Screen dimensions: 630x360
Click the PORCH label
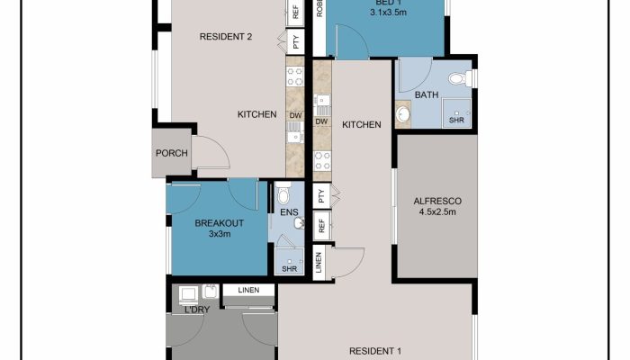172,153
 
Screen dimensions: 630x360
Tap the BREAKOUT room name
220,223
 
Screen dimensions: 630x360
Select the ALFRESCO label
437,201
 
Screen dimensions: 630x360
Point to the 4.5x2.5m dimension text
437,212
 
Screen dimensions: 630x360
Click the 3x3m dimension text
220,234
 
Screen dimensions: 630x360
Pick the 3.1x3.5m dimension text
388,13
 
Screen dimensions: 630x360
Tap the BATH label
427,95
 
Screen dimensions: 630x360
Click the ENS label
289,212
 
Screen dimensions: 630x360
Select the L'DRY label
197,310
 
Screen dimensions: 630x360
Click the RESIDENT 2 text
226,37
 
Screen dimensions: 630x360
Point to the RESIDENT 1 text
375,351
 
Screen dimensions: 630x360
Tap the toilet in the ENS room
283,193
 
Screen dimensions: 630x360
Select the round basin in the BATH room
402,115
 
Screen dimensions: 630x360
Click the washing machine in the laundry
188,295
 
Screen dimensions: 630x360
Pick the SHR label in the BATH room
456,120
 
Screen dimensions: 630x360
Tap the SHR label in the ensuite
289,269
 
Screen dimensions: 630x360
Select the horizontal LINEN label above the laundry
248,290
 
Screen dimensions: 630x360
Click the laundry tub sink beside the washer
210,292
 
